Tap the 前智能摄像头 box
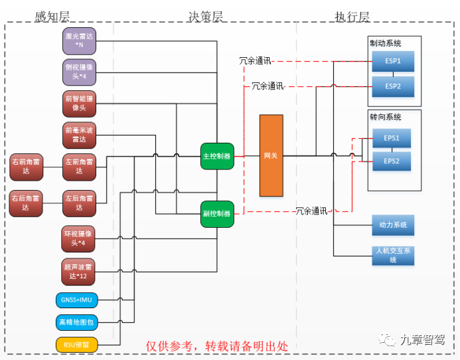point(79,103)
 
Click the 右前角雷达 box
point(26,166)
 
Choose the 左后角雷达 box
point(79,203)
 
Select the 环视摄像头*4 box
point(79,238)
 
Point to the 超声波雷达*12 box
point(79,271)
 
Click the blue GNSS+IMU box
point(76,300)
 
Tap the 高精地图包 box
point(76,322)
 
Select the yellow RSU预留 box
point(76,344)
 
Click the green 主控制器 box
point(216,156)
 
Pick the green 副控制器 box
point(216,214)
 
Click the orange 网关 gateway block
point(271,155)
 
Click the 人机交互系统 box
point(393,256)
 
